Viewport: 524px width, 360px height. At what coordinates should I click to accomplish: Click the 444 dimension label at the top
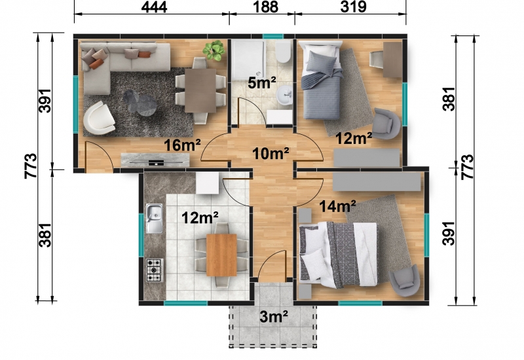154,7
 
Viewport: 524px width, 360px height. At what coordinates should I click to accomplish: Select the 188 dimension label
266,7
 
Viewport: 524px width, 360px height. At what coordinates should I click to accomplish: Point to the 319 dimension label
353,7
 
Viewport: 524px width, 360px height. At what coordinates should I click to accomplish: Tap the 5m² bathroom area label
261,82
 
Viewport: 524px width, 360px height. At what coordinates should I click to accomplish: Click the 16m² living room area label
182,145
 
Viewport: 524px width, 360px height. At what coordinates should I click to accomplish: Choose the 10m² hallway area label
271,154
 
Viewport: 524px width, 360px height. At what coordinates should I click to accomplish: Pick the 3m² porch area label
274,317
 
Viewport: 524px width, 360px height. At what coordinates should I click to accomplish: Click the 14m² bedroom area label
337,206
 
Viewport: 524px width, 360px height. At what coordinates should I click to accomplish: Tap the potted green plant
214,50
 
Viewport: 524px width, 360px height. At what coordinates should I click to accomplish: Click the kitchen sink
154,218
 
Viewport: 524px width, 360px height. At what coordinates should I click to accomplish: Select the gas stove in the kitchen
155,270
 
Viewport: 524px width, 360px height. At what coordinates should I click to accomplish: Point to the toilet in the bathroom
283,52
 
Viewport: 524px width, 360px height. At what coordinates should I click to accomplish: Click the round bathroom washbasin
285,94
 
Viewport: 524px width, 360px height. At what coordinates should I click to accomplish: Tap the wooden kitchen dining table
221,255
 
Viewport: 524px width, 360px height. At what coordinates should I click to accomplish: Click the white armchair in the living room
100,118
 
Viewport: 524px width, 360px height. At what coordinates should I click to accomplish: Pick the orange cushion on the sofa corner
95,63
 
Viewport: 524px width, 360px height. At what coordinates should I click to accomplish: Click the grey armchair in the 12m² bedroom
386,123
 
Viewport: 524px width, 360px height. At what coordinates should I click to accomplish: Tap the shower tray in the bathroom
248,60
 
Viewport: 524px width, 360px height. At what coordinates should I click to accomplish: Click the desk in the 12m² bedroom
392,60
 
